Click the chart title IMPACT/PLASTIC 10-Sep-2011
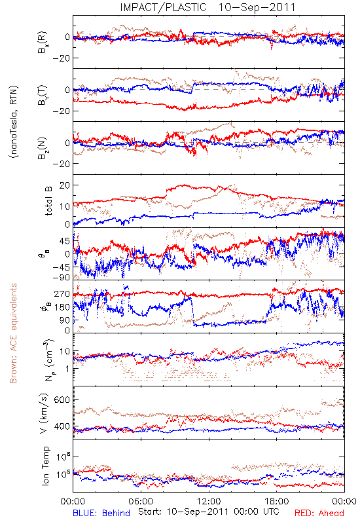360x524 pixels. [x=207, y=7]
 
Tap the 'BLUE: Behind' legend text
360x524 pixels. [x=101, y=513]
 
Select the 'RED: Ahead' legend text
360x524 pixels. [x=319, y=513]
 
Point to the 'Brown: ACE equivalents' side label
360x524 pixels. [x=13, y=333]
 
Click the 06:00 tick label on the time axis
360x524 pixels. [x=141, y=501]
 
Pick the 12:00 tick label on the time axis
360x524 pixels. [x=209, y=501]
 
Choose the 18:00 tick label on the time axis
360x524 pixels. [x=277, y=501]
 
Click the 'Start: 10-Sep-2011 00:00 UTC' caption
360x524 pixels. [x=209, y=512]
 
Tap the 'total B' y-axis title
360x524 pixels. [x=48, y=201]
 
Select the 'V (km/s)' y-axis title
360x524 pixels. [x=45, y=413]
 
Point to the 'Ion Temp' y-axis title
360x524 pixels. [x=45, y=466]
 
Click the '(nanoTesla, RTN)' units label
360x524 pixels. [x=14, y=122]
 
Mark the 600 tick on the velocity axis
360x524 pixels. [x=62, y=400]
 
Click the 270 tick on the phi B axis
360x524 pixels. [x=62, y=293]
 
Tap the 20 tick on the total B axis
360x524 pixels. [x=65, y=185]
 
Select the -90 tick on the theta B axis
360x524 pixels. [x=61, y=278]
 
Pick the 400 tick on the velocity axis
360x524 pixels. [x=62, y=426]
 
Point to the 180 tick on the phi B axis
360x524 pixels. [x=62, y=307]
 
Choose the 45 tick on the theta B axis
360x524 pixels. [x=65, y=241]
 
